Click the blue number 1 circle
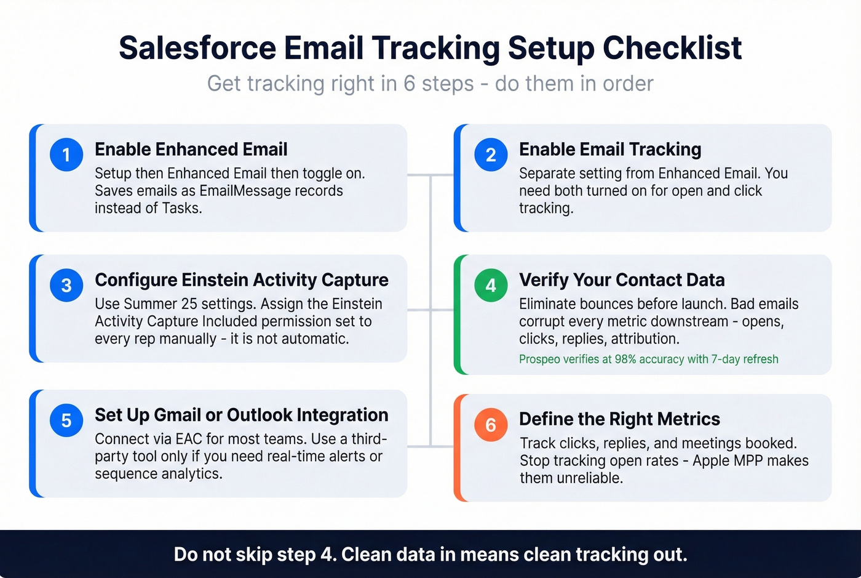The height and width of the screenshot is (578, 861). point(66,154)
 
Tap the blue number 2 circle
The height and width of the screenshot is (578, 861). point(491,154)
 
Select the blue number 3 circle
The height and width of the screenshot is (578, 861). point(66,285)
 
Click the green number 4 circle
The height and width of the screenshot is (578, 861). point(491,285)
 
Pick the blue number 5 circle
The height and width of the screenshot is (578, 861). point(66,420)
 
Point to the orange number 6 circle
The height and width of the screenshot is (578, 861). point(491,425)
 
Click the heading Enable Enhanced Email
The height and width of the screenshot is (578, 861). point(191,150)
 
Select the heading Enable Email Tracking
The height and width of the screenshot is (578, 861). point(610,150)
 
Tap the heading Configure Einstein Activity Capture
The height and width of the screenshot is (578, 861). point(242,280)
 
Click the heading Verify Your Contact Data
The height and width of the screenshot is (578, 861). point(622,280)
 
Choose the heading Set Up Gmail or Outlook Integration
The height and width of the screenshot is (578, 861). point(242,415)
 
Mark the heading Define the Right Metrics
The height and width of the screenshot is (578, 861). point(619,419)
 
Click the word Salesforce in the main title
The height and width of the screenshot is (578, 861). point(197,48)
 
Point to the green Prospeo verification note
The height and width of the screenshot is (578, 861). point(648,359)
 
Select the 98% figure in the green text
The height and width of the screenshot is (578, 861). point(625,359)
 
